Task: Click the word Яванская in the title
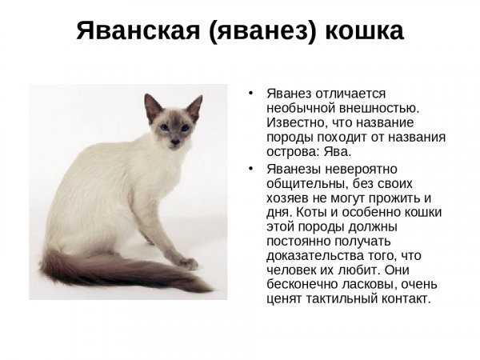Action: [138, 31]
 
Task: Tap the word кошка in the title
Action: [364, 31]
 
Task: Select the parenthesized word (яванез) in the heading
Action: [262, 32]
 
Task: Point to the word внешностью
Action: [378, 108]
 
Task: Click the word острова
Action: [293, 152]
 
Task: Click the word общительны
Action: [307, 184]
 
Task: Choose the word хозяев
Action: [287, 198]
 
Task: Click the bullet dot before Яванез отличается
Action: [251, 93]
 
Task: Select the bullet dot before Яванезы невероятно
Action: [251, 169]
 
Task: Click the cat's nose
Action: [175, 142]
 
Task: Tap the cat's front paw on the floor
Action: [188, 263]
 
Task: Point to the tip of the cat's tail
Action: [210, 290]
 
